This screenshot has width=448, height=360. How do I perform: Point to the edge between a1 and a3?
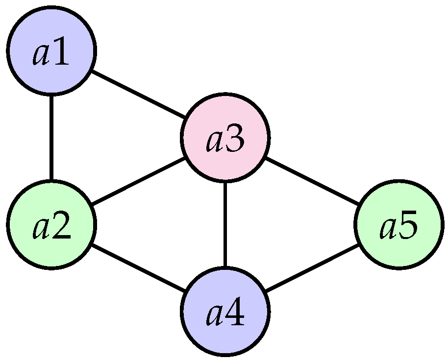pos(138,94)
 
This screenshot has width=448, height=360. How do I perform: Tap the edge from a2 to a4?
pos(138,268)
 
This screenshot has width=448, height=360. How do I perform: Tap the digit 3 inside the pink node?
pos(235,141)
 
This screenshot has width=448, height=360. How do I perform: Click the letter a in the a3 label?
pos(215,143)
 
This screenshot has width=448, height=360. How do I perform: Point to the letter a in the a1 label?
pos(41,56)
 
